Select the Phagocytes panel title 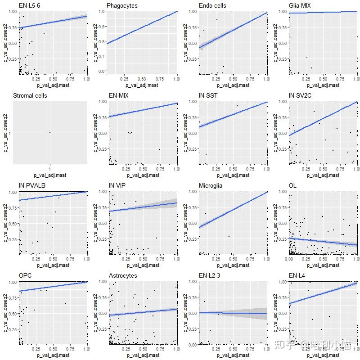click(x=122, y=5)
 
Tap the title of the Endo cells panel click(x=212, y=5)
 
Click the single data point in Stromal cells click(x=50, y=132)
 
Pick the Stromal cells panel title click(x=30, y=95)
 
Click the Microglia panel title click(x=211, y=185)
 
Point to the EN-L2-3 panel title click(x=210, y=275)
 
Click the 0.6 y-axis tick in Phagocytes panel click(x=103, y=71)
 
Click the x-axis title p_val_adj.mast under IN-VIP click(x=142, y=265)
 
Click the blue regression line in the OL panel click(x=324, y=241)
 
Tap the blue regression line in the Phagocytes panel click(x=142, y=27)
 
